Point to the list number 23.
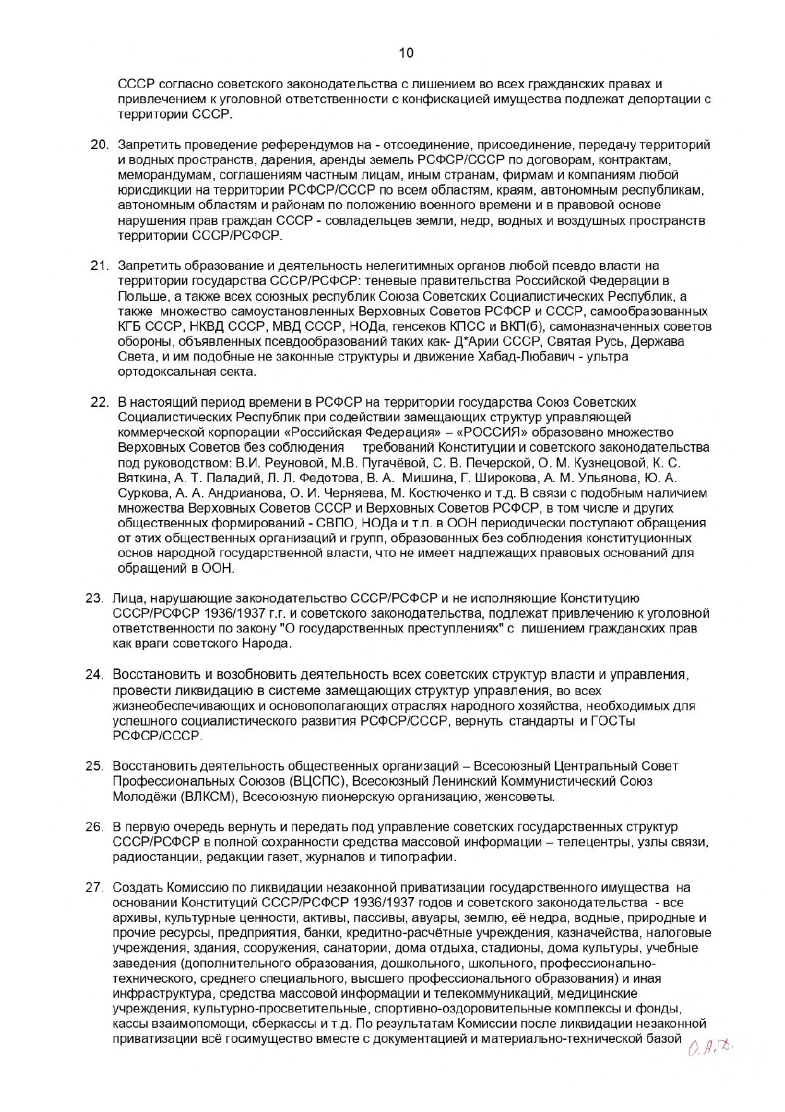click(x=94, y=598)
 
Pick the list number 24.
click(x=94, y=674)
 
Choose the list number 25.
click(x=94, y=767)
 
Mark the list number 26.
click(x=94, y=828)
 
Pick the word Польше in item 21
click(x=138, y=296)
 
